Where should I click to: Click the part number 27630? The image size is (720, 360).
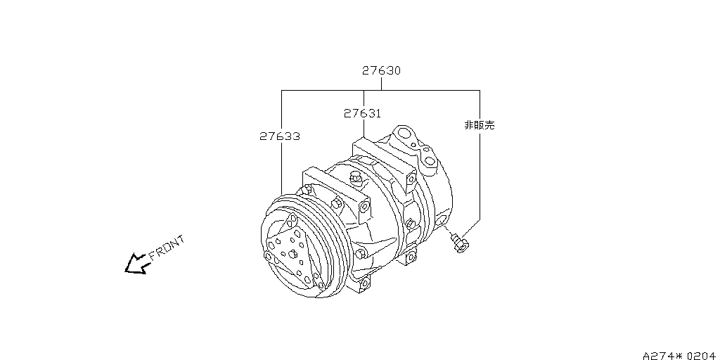tap(382, 71)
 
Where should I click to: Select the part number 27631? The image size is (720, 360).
tap(363, 113)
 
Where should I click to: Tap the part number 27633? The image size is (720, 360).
tap(280, 136)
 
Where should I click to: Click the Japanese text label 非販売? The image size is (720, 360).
tap(480, 125)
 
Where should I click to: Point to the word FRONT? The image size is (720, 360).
tap(167, 247)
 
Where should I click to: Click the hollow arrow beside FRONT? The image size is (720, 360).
tap(134, 264)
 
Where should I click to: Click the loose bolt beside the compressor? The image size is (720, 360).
tap(461, 243)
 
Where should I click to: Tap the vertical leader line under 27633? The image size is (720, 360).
tap(281, 169)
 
